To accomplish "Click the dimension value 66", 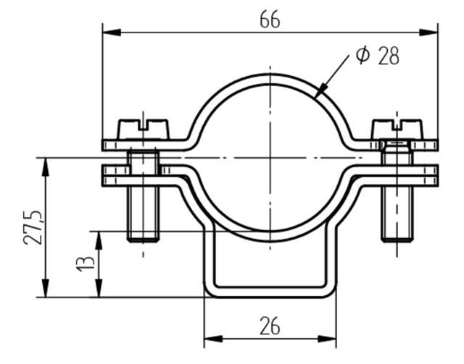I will pyautogui.click(x=270, y=20).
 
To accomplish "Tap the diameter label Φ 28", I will pyautogui.click(x=378, y=56).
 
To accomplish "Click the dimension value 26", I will pyautogui.click(x=270, y=327).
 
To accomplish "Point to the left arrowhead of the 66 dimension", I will pyautogui.click(x=107, y=30).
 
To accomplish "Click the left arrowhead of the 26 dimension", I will pyautogui.click(x=210, y=338).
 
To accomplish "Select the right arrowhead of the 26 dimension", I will pyautogui.click(x=331, y=338).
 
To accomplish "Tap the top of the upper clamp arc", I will pyautogui.click(x=270, y=76).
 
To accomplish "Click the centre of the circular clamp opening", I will pyautogui.click(x=270, y=157).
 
